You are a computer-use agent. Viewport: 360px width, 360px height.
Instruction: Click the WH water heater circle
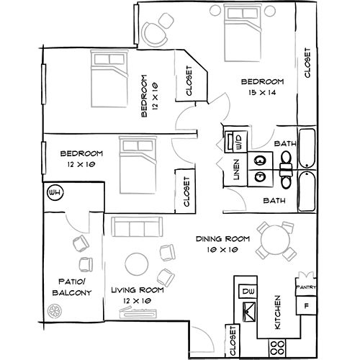click(x=55, y=192)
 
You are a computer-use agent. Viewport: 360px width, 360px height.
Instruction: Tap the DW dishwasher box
click(x=248, y=292)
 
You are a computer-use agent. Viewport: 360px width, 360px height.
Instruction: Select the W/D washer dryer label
click(x=240, y=142)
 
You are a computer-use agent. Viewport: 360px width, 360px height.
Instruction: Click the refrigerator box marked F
click(x=306, y=305)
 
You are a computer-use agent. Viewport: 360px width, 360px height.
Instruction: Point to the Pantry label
click(x=306, y=287)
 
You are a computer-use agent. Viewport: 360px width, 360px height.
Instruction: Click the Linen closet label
click(x=237, y=170)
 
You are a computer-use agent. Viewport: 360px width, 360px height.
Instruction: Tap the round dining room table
click(x=276, y=240)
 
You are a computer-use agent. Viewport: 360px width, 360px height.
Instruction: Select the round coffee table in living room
click(x=137, y=264)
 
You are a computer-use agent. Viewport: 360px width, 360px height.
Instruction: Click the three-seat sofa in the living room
click(x=137, y=227)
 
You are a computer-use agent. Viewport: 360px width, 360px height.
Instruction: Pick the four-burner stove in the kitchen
click(x=277, y=348)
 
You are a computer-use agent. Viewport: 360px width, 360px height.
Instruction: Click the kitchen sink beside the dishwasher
click(x=249, y=312)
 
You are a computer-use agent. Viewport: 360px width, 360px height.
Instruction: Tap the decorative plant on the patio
click(x=55, y=311)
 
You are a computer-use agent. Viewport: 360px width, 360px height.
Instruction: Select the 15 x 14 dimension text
click(x=262, y=92)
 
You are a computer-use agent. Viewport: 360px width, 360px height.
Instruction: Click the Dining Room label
click(x=223, y=239)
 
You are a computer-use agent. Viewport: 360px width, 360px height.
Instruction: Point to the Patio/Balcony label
click(x=72, y=287)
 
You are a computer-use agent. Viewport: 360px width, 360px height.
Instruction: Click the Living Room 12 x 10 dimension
click(x=137, y=301)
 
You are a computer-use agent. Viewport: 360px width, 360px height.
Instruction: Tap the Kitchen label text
click(x=277, y=312)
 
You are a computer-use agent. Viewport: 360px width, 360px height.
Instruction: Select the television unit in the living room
click(x=138, y=313)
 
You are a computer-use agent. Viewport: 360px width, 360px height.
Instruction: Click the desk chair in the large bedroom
click(x=156, y=35)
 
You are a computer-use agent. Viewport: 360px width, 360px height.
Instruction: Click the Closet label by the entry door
click(x=233, y=341)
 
